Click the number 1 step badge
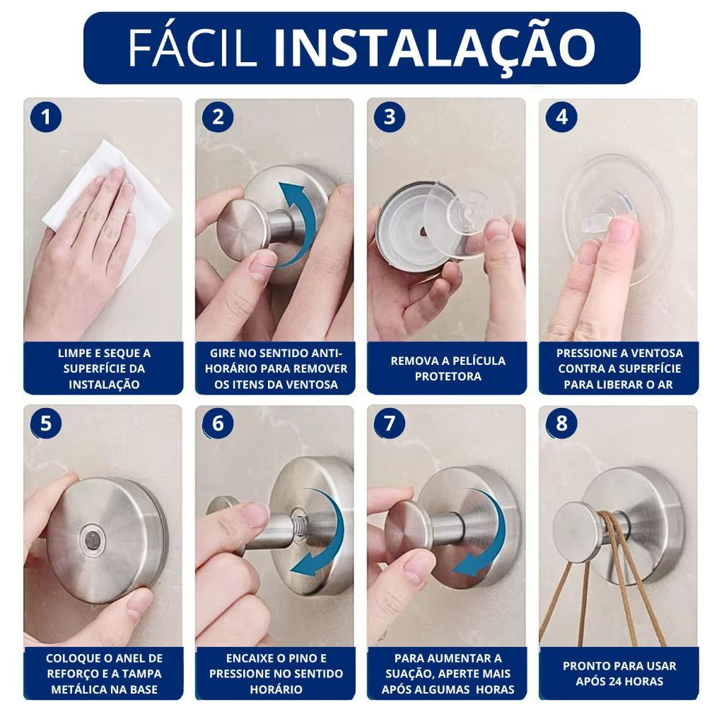[46, 117]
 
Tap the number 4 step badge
[561, 117]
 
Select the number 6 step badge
[218, 424]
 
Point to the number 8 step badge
[561, 424]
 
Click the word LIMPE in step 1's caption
[74, 354]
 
